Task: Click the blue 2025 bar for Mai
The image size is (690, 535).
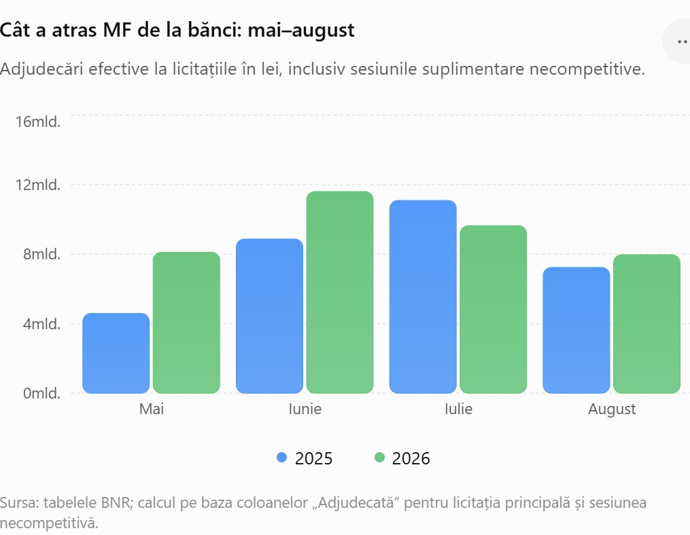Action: pyautogui.click(x=116, y=353)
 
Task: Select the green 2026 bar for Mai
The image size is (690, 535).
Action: pyautogui.click(x=186, y=322)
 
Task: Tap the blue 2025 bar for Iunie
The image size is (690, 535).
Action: pyautogui.click(x=269, y=316)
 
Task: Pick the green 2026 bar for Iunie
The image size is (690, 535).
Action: pyautogui.click(x=340, y=293)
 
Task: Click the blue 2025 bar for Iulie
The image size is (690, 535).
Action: pyautogui.click(x=423, y=297)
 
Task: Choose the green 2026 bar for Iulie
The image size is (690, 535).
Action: pyautogui.click(x=494, y=310)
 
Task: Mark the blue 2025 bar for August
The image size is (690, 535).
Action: pyautogui.click(x=576, y=330)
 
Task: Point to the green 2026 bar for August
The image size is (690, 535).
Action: pyautogui.click(x=647, y=324)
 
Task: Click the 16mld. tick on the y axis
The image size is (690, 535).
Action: pyautogui.click(x=38, y=122)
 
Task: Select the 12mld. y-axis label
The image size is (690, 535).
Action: pyautogui.click(x=38, y=185)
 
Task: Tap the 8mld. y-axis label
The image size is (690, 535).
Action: pyautogui.click(x=41, y=254)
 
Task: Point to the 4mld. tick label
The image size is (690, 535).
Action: pyautogui.click(x=41, y=324)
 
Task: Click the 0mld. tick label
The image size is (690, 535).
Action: pyautogui.click(x=41, y=393)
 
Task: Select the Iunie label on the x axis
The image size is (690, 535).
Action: pyautogui.click(x=305, y=409)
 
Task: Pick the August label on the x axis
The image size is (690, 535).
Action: pyautogui.click(x=612, y=409)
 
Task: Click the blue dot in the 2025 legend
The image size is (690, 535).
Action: pyautogui.click(x=281, y=458)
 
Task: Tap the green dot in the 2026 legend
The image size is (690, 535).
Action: pyautogui.click(x=379, y=458)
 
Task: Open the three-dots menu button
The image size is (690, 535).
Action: pyautogui.click(x=682, y=42)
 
